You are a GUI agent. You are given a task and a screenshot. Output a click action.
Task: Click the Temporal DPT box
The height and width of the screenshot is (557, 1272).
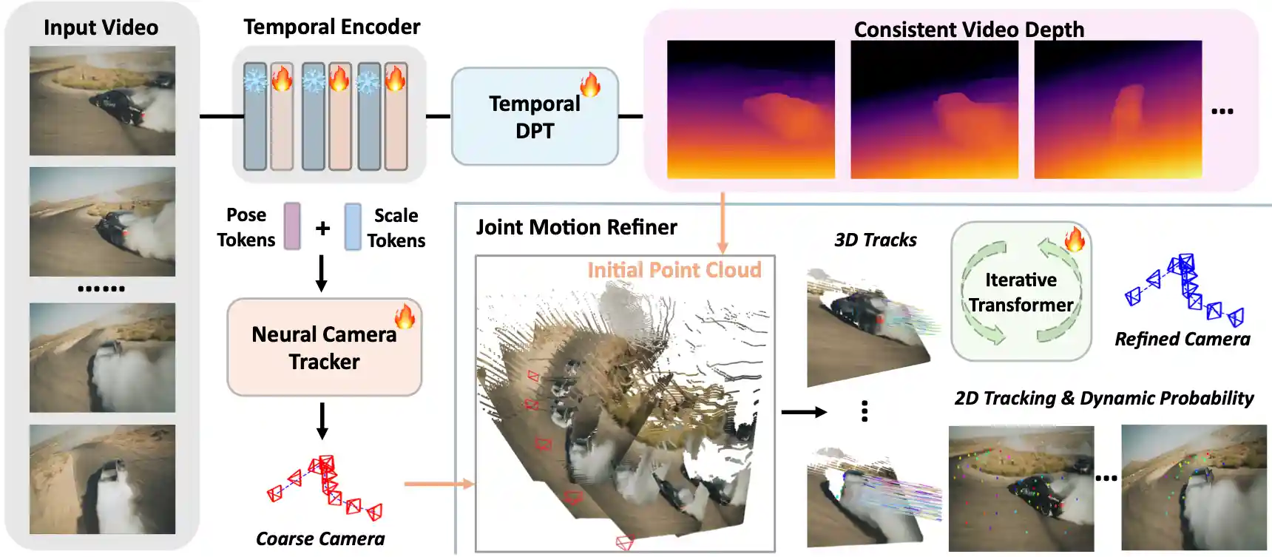534,117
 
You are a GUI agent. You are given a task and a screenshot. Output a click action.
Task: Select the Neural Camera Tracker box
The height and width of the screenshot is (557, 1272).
324,348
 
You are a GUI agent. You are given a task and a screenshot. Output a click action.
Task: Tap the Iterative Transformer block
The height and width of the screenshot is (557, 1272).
1021,292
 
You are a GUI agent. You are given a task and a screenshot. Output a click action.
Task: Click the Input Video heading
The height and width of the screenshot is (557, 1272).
101,27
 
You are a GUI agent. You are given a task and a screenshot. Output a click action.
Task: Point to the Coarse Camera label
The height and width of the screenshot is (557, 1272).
320,539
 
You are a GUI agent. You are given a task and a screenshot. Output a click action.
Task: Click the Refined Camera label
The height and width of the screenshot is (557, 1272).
1182,339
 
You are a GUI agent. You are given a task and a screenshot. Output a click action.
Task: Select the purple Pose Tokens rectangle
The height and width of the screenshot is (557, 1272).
292,226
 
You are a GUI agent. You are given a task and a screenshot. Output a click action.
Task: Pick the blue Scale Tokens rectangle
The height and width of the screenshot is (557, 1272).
353,226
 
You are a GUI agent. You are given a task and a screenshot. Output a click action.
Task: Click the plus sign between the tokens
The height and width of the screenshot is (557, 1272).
322,228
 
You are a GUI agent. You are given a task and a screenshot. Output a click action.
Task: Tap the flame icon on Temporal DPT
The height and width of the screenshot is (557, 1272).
590,84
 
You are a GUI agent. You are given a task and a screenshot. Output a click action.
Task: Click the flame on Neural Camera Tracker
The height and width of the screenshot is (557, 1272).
405,316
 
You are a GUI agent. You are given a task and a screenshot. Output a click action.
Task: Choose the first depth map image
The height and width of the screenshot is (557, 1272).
751,109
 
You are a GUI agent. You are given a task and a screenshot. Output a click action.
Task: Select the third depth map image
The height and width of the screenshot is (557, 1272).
1117,109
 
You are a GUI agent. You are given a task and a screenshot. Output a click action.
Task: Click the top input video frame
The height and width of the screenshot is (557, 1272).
102,101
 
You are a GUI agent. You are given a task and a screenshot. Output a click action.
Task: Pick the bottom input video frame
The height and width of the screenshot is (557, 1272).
102,479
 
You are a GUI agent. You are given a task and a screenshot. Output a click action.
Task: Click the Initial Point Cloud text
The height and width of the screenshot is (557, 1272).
674,270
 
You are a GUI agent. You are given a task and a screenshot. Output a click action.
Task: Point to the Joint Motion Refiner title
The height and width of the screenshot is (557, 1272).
576,227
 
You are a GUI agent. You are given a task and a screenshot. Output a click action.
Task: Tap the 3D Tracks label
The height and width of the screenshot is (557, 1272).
875,240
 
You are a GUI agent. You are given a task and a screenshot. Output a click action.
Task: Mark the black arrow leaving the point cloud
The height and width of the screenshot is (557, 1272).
804,412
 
